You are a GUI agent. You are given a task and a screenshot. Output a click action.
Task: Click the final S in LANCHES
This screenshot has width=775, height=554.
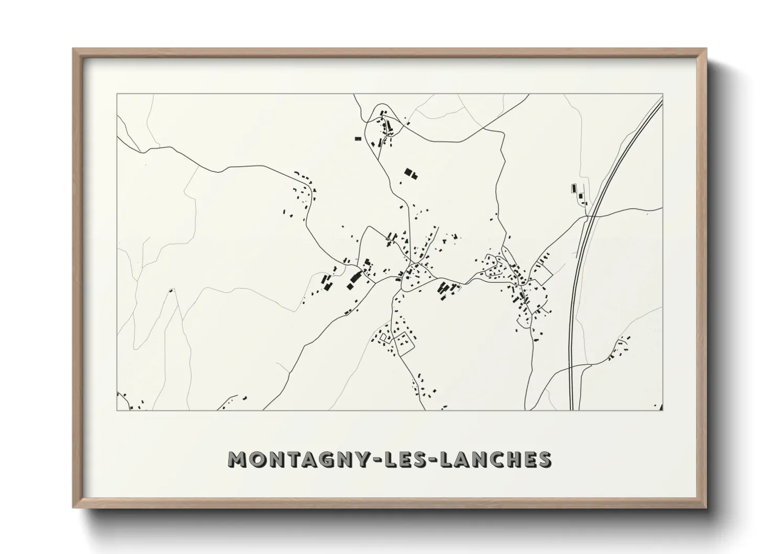[545, 459]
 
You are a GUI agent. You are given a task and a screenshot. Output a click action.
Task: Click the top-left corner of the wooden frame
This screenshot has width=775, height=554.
[74, 49]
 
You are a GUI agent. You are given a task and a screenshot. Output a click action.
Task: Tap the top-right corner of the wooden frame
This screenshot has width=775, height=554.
[705, 49]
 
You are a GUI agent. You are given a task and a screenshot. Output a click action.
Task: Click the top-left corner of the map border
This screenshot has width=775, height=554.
[117, 94]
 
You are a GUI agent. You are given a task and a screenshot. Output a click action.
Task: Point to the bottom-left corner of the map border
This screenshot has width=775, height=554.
[117, 410]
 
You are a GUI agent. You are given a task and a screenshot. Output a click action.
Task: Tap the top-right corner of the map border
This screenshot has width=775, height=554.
[663, 94]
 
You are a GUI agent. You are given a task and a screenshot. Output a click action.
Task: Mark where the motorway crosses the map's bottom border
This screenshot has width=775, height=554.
[572, 410]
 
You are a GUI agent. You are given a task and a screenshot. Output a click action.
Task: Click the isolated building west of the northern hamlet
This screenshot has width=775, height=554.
[358, 139]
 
